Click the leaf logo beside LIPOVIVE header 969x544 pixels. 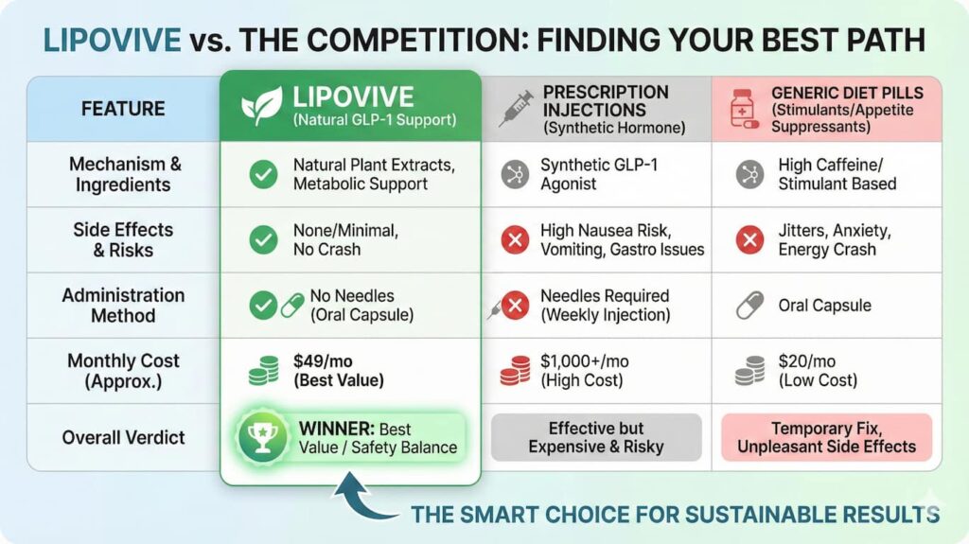(261, 106)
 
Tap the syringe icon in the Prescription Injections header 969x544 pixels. (517, 108)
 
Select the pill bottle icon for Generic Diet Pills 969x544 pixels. (742, 109)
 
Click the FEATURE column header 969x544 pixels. (123, 108)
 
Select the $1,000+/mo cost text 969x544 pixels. (584, 360)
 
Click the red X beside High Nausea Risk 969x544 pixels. (515, 240)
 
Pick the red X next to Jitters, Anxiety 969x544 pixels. (749, 240)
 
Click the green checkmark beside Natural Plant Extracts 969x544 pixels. (263, 174)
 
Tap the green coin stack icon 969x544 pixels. (264, 370)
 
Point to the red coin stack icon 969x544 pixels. (515, 370)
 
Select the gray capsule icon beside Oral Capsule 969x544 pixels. (749, 306)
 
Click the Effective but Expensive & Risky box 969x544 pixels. (596, 437)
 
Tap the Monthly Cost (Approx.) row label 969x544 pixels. (123, 371)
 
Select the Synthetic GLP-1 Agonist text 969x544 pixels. (599, 174)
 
